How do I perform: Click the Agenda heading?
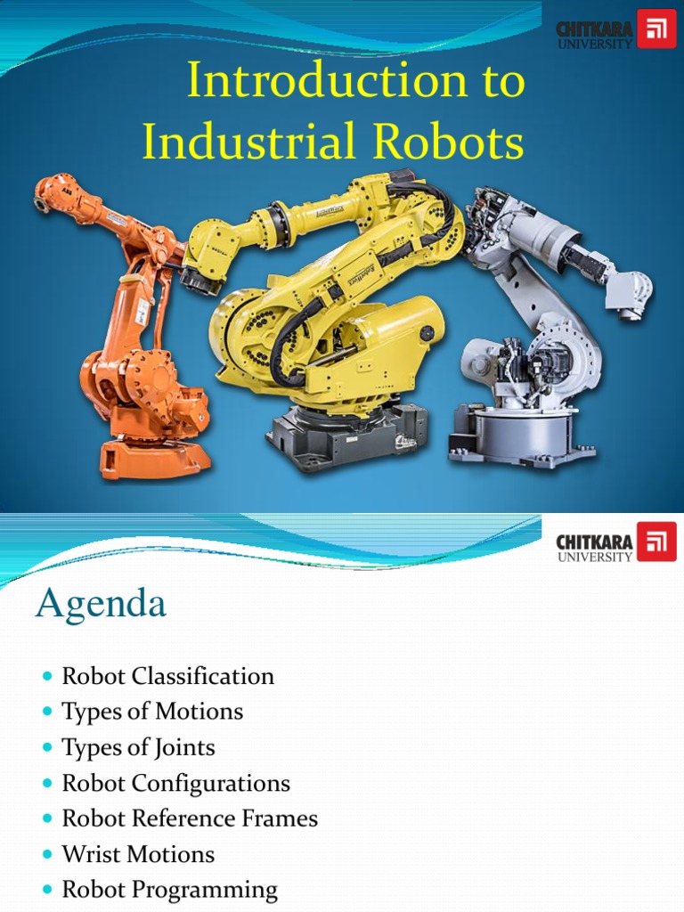[x=101, y=605]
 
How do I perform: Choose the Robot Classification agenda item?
[x=167, y=676]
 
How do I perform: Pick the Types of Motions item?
[x=152, y=712]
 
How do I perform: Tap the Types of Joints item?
[x=138, y=747]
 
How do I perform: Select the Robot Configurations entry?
[x=175, y=783]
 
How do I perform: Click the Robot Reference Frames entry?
[x=190, y=818]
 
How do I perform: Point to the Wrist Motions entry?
[x=138, y=854]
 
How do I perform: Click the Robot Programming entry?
[x=169, y=890]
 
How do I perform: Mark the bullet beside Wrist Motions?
[x=48, y=855]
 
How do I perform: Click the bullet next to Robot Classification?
[x=48, y=677]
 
